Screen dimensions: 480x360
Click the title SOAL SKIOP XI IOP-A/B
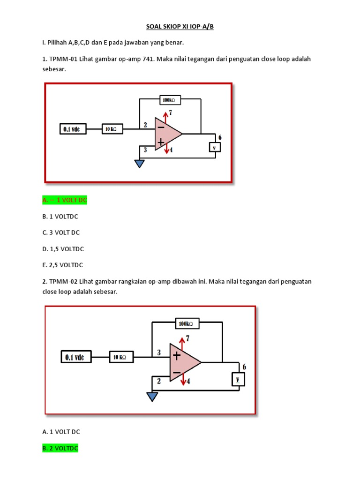click(x=180, y=27)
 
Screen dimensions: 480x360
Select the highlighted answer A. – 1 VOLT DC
click(x=65, y=200)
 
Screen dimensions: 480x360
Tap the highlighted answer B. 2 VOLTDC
click(x=60, y=449)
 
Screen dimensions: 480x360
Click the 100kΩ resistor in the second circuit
click(x=187, y=323)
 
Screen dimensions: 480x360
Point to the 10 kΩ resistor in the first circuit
click(x=112, y=128)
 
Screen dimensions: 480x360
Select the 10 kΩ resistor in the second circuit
click(x=121, y=358)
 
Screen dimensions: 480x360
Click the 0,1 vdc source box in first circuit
click(x=74, y=129)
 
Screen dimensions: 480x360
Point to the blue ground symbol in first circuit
click(x=139, y=164)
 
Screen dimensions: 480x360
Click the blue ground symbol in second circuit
click(x=152, y=397)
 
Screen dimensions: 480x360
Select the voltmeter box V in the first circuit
click(x=215, y=147)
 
